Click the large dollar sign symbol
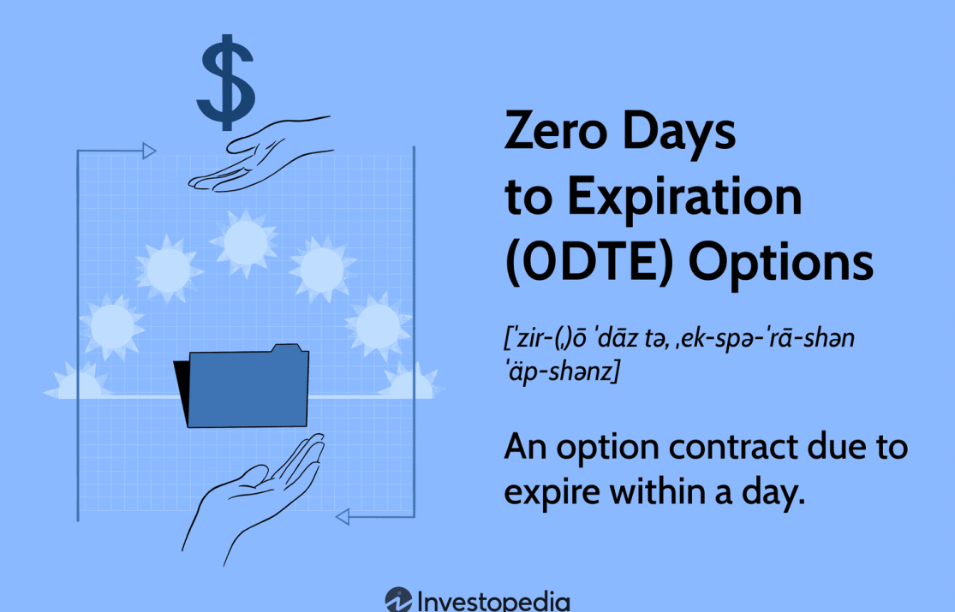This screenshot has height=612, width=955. pos(225,82)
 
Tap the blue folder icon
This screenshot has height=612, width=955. pos(248,386)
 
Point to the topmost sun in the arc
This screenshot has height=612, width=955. pos(245,242)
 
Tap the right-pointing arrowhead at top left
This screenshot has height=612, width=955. pos(149,151)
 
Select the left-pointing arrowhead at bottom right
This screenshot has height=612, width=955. pos(343,517)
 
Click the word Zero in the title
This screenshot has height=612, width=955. pos(556,130)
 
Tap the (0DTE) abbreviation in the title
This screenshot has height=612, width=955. pos(589,263)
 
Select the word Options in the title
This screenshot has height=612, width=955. pos(781,264)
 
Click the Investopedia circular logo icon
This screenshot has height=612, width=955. pos(399,600)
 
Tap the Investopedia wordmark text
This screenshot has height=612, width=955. pos(493,602)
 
